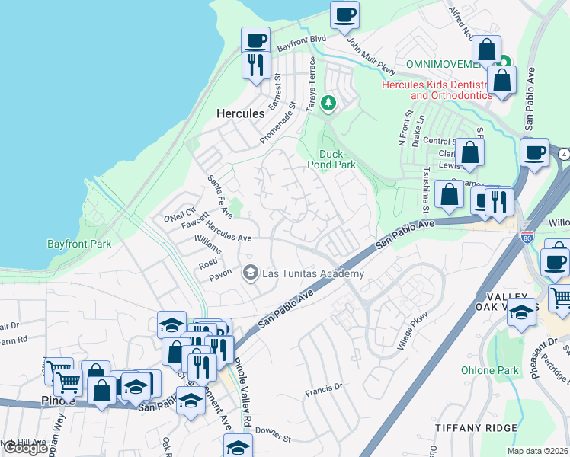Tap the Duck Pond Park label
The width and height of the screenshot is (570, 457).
(x=331, y=158)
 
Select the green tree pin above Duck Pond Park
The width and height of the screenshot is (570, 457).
(x=328, y=103)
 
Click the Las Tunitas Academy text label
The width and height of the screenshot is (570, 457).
(x=312, y=273)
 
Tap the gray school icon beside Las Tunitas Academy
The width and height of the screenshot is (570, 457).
(x=249, y=273)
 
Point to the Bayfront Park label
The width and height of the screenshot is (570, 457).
(x=78, y=244)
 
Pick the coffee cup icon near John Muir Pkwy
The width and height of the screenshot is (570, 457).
(x=344, y=14)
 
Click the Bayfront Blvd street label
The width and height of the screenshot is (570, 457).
(x=301, y=43)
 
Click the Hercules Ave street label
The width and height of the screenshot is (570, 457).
(x=229, y=238)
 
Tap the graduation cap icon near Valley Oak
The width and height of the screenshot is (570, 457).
(x=522, y=313)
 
